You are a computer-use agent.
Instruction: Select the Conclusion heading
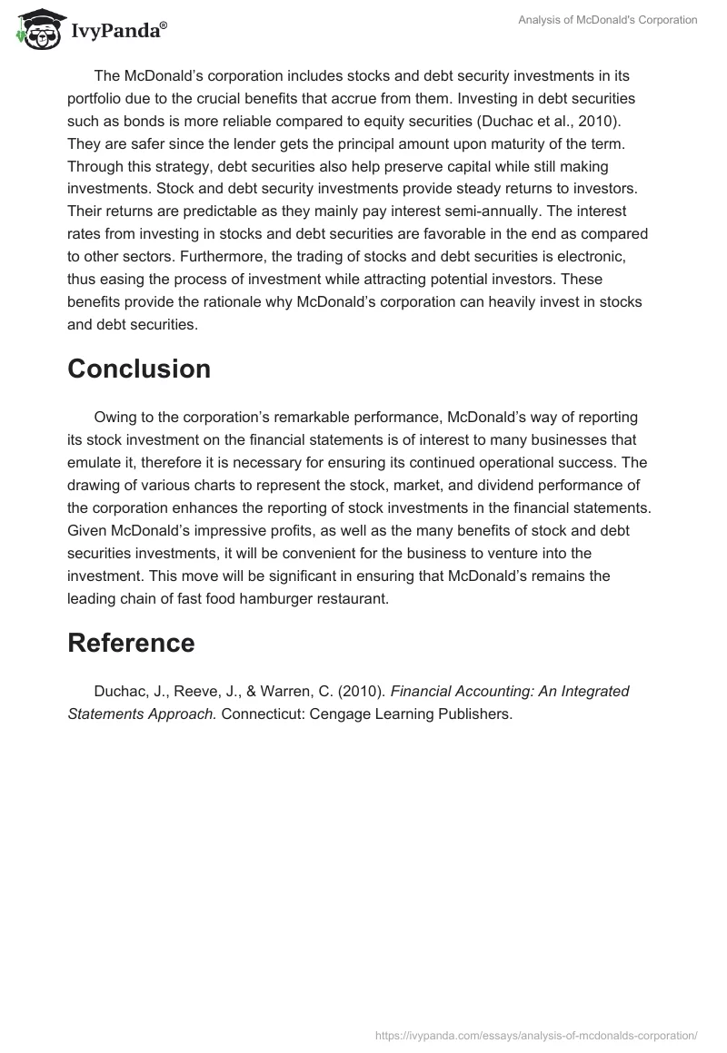pos(139,369)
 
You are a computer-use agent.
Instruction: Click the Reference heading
pos(131,643)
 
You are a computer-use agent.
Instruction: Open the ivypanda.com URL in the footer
pos(536,1034)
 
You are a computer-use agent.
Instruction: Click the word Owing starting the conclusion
pos(114,417)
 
